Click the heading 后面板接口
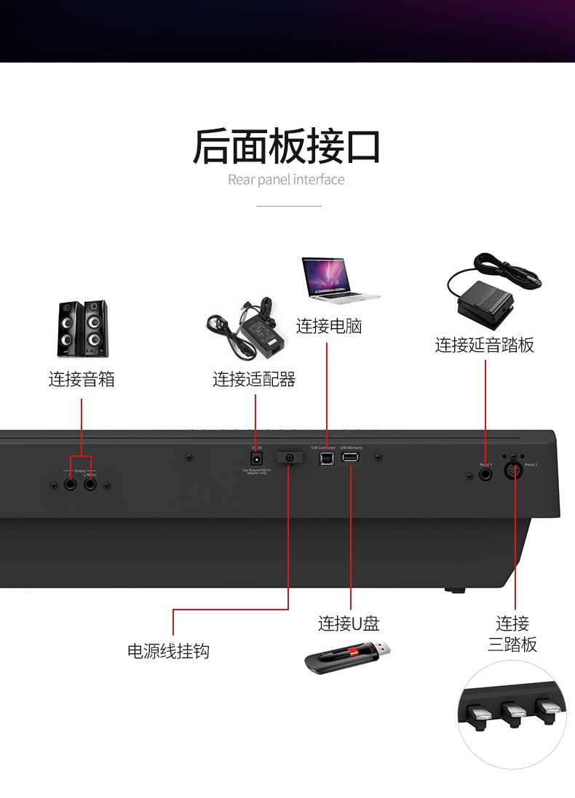coord(287,145)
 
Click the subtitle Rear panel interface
coord(286,180)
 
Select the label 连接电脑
coord(329,326)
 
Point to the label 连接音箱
coord(82,379)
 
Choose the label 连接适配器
coord(254,379)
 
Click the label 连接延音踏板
coord(485,345)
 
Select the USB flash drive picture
coord(348,657)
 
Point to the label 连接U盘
coord(349,623)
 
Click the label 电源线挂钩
coord(168,651)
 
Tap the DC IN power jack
coord(256,459)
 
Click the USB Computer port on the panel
coord(326,459)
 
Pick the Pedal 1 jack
coord(485,474)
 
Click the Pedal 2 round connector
coord(515,473)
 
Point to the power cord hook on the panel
coord(290,458)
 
